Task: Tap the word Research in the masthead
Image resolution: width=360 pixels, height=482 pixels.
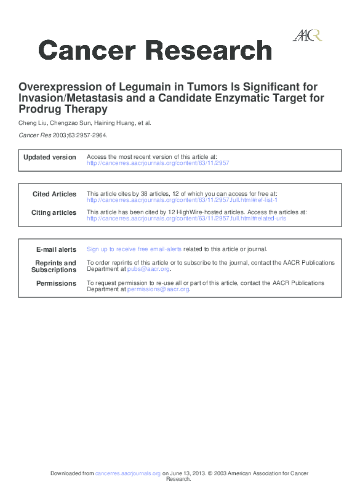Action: pyautogui.click(x=209, y=50)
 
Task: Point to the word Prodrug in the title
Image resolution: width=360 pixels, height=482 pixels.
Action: pyautogui.click(x=39, y=110)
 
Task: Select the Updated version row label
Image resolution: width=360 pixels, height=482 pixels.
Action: pyautogui.click(x=50, y=158)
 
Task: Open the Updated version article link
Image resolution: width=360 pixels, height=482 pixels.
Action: pyautogui.click(x=158, y=163)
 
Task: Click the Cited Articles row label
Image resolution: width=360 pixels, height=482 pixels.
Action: pyautogui.click(x=55, y=195)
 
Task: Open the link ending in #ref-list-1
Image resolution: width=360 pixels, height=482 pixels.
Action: pyautogui.click(x=182, y=200)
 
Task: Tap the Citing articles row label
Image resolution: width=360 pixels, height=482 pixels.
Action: pyautogui.click(x=54, y=213)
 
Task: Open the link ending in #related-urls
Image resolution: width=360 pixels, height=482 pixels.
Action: pyautogui.click(x=186, y=219)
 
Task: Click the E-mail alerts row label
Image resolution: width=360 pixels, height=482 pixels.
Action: pyautogui.click(x=57, y=250)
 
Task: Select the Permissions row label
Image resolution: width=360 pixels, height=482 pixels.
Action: pyautogui.click(x=57, y=284)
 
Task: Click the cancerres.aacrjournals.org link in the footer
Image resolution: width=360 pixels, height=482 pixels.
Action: pyautogui.click(x=128, y=473)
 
